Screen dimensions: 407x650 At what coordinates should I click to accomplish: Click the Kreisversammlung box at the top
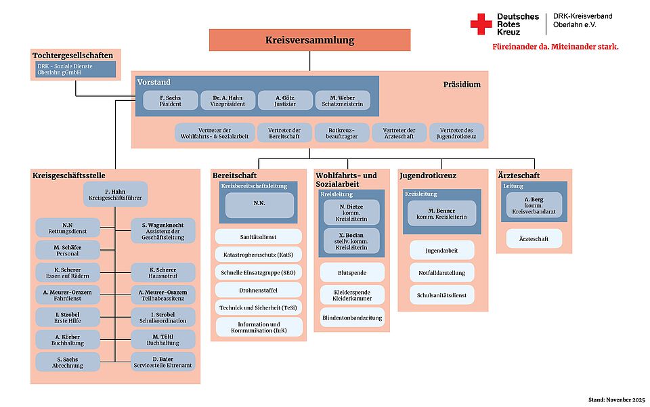[x=309, y=40]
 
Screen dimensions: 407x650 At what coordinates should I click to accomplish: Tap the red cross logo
[x=481, y=24]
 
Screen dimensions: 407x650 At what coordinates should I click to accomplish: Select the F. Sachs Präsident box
[x=171, y=100]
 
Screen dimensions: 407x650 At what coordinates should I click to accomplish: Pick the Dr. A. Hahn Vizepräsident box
[x=228, y=100]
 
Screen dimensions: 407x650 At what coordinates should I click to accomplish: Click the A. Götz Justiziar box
[x=285, y=100]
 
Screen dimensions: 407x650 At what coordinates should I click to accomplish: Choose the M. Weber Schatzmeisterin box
[x=342, y=100]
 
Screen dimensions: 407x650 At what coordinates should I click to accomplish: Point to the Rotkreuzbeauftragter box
[x=342, y=132]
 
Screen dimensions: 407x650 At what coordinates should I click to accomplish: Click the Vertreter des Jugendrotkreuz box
[x=457, y=132]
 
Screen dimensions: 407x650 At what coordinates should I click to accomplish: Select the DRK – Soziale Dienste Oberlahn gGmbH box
[x=75, y=69]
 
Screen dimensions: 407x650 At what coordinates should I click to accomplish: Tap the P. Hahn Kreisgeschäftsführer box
[x=116, y=195]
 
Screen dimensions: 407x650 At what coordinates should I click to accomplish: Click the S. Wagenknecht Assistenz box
[x=163, y=231]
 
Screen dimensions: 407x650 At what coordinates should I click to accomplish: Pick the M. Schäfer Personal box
[x=68, y=250]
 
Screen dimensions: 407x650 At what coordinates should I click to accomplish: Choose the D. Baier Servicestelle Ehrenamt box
[x=163, y=362]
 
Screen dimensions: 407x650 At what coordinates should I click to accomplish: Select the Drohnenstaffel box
[x=259, y=290]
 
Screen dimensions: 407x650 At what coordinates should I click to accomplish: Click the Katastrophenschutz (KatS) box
[x=259, y=255]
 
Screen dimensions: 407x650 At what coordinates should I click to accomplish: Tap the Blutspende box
[x=352, y=272]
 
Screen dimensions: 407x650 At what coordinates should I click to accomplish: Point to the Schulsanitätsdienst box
[x=442, y=295]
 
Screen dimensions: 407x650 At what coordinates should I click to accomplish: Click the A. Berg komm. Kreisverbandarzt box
[x=534, y=205]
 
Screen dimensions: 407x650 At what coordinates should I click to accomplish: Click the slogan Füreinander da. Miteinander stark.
[x=555, y=47]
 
